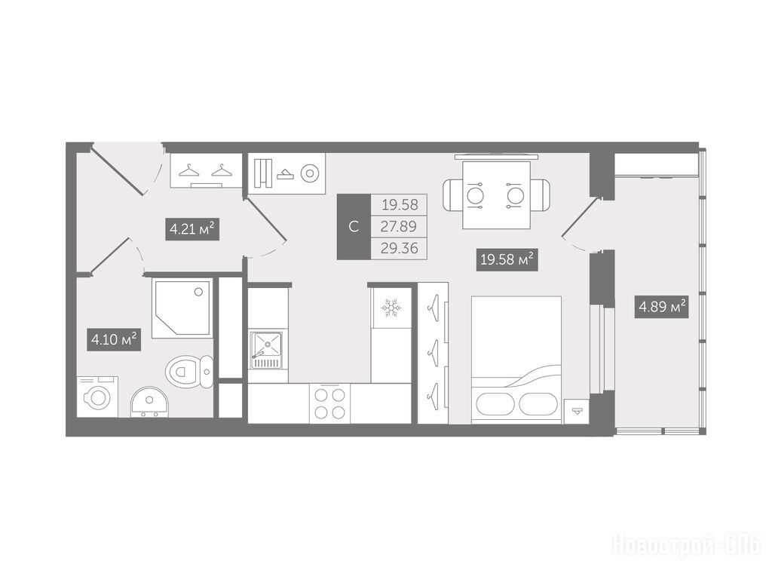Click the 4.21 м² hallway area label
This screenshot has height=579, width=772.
point(192,229)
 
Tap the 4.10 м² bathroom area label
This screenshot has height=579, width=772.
point(114,339)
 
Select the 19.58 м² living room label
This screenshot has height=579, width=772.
point(507,259)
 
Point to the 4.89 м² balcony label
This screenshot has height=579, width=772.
point(662,308)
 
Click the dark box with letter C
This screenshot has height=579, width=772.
point(354,227)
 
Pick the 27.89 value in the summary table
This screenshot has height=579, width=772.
point(399,226)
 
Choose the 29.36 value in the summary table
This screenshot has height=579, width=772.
point(400,248)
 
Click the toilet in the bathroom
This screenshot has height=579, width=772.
point(189,371)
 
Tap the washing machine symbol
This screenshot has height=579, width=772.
point(97,397)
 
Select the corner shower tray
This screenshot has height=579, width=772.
point(182,308)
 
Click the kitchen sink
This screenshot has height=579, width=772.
point(266,350)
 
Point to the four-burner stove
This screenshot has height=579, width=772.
point(330,403)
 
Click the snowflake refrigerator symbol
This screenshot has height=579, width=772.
point(391,308)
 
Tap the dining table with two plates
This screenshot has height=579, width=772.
point(496,195)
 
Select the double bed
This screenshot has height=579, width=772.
point(516,360)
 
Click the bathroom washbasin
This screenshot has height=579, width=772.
point(150,402)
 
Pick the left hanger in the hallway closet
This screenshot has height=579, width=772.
point(188,170)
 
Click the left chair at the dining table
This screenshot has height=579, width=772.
point(453,195)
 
